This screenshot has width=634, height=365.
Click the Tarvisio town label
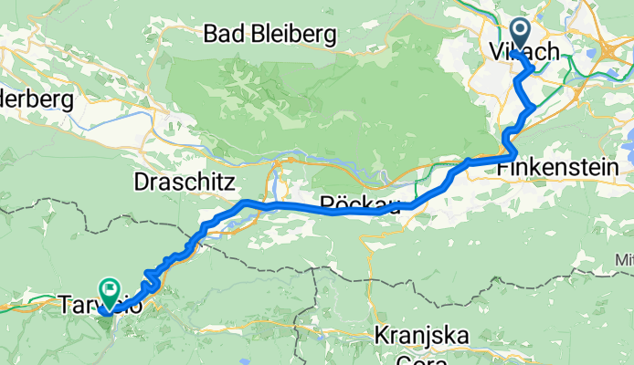[100, 306]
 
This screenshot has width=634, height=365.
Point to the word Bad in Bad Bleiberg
[226, 36]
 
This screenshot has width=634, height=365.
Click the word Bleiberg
[295, 36]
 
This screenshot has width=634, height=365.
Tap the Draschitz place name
[185, 181]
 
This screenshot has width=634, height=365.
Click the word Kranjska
[422, 336]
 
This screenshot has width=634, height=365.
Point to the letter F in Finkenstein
[503, 169]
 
